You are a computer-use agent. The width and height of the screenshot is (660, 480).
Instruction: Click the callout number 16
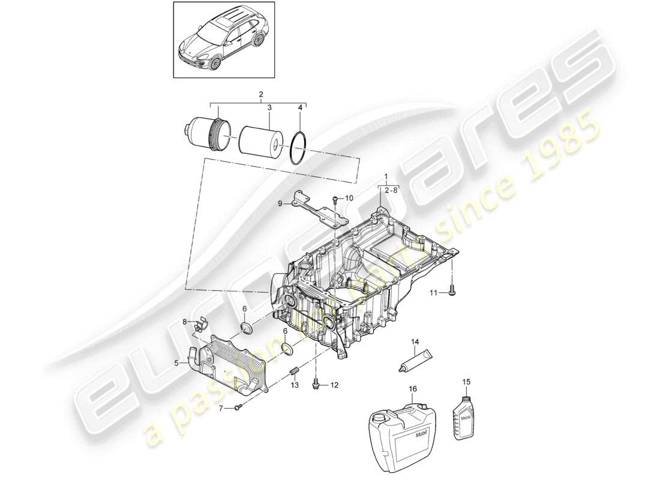click(413, 389)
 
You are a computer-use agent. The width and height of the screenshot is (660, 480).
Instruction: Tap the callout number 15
click(467, 381)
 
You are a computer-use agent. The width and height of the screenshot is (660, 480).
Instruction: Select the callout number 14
click(414, 342)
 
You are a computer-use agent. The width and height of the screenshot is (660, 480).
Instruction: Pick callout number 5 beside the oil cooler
click(176, 362)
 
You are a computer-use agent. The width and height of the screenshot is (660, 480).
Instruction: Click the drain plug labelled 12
click(316, 384)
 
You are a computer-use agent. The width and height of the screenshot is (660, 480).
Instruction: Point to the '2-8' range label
click(391, 190)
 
